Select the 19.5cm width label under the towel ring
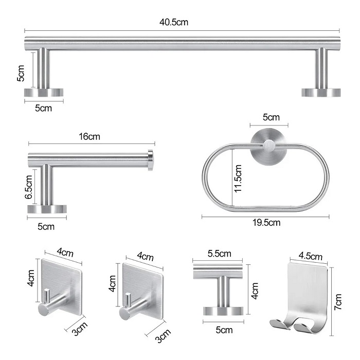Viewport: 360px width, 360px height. point(266,223)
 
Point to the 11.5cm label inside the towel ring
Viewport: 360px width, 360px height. point(238,177)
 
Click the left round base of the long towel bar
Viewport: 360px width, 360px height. point(44,93)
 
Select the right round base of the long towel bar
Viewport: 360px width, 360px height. point(321,93)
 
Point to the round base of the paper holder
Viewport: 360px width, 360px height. point(47,209)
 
